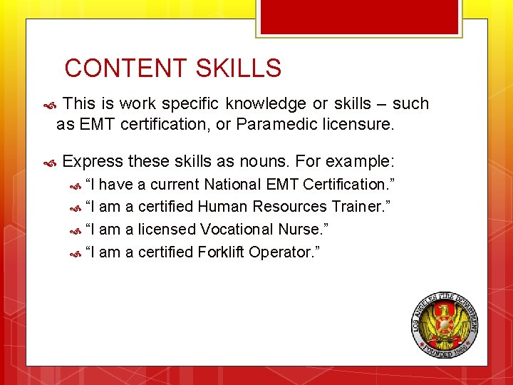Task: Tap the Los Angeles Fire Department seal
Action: point(445,325)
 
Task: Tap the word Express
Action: point(93,160)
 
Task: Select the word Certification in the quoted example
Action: point(344,184)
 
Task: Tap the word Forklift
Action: point(221,252)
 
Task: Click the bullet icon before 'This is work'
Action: point(49,105)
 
